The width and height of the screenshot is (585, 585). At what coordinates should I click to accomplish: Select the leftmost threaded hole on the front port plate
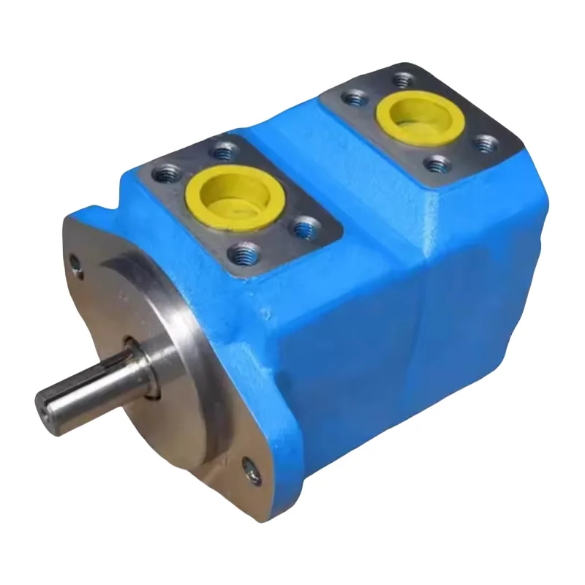point(162,174)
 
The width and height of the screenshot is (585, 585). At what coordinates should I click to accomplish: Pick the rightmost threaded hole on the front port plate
point(302,228)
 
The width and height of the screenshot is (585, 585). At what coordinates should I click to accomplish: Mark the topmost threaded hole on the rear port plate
point(401,77)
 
